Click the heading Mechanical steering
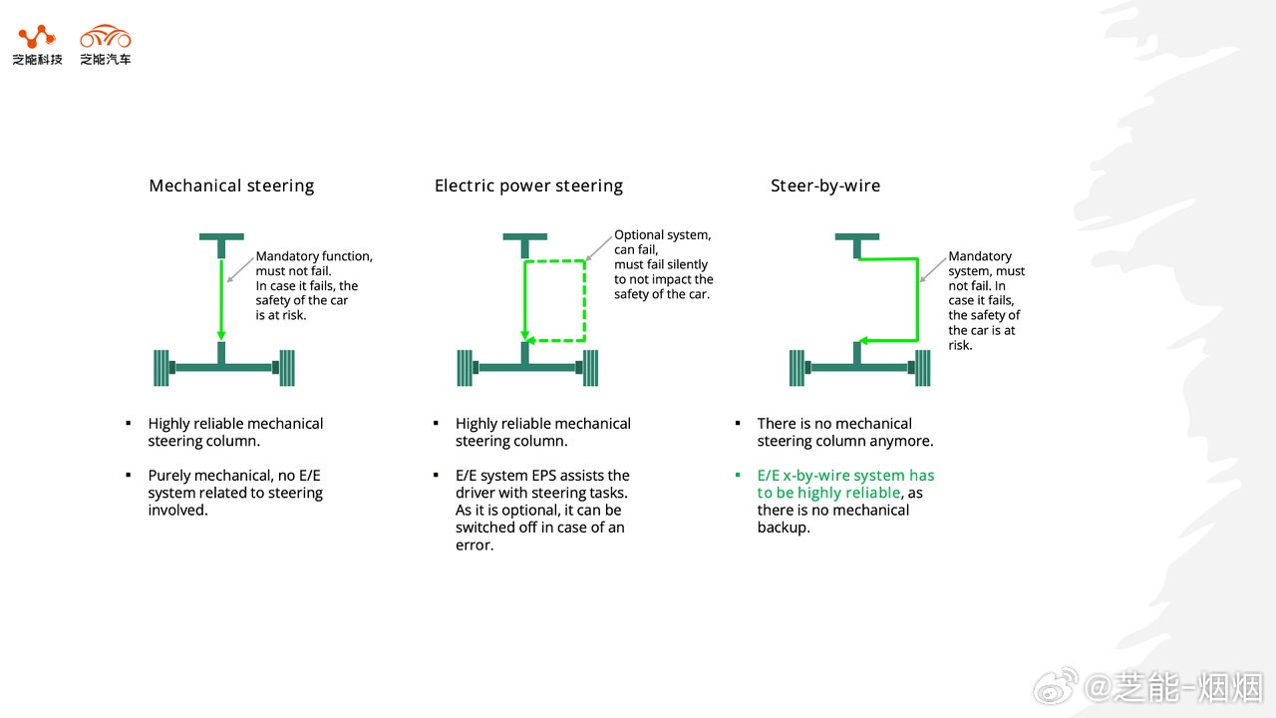(231, 185)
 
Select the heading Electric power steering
(528, 185)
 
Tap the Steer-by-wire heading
(825, 185)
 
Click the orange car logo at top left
(106, 37)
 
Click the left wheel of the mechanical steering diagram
(162, 368)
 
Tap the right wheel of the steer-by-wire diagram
(923, 368)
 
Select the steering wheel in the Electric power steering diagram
(524, 238)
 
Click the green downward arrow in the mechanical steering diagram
(221, 299)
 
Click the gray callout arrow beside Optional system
(598, 248)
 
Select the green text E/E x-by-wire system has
(845, 476)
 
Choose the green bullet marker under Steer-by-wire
(738, 476)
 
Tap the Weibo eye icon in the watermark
(1055, 686)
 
